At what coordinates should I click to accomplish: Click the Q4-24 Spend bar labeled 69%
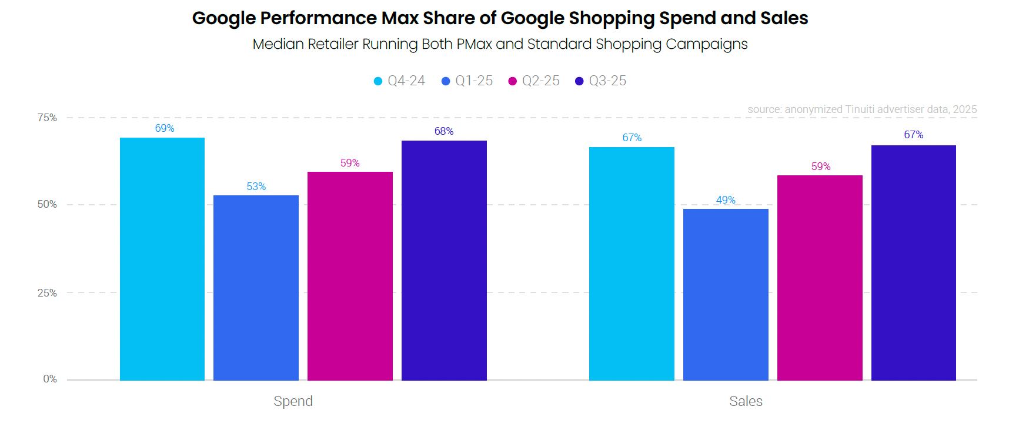click(x=162, y=259)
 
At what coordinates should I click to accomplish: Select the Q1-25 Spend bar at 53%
click(x=256, y=288)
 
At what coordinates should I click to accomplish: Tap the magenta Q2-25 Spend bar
click(x=350, y=276)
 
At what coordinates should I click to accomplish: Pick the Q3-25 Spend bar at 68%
click(x=444, y=260)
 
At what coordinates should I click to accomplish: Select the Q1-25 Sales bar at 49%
click(x=726, y=294)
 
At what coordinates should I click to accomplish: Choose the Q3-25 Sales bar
click(x=913, y=262)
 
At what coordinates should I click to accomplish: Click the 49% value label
click(x=726, y=200)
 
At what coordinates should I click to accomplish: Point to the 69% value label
click(x=165, y=128)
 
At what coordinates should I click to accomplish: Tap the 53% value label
click(x=256, y=186)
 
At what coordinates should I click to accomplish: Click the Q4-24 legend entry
click(x=400, y=81)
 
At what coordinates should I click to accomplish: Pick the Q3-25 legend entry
click(x=601, y=81)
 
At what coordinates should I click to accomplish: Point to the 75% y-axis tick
click(x=47, y=118)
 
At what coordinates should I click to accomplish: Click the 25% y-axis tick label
click(x=47, y=293)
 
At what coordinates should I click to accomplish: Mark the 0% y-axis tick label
click(x=50, y=379)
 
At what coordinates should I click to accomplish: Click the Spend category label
click(x=293, y=401)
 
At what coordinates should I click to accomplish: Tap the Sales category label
click(x=746, y=401)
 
